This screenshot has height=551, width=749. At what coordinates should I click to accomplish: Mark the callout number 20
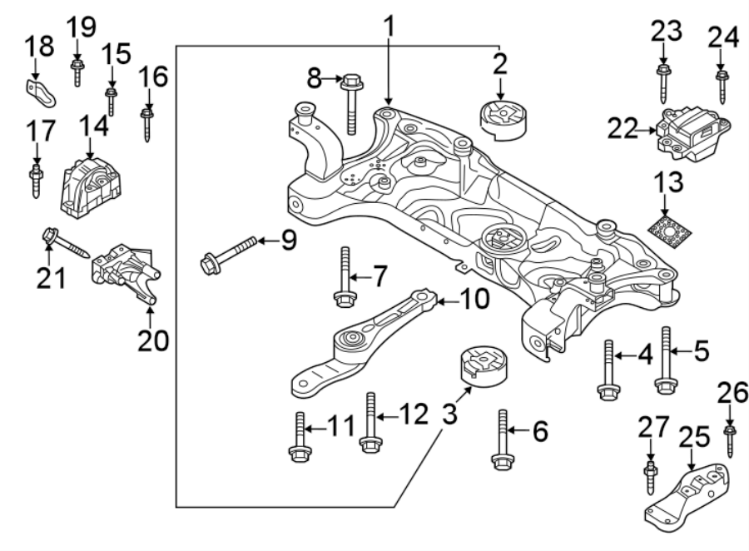pos(154,340)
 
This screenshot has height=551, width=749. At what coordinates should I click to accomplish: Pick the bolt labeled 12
pos(370,420)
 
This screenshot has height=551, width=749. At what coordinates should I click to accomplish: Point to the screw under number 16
pos(147,122)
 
